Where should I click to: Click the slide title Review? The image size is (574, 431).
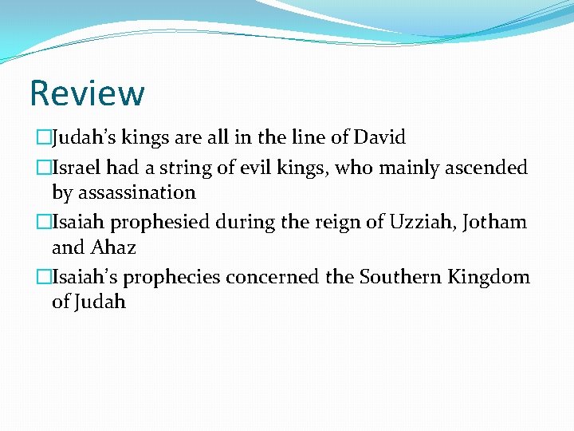tap(87, 93)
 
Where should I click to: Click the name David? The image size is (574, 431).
tap(379, 137)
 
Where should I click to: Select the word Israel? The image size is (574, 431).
tap(76, 168)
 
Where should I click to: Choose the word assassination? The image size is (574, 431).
tap(124, 192)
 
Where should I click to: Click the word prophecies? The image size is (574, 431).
tap(174, 277)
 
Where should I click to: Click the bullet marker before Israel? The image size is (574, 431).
tap(42, 168)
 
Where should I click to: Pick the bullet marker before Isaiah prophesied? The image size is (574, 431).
tap(42, 222)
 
